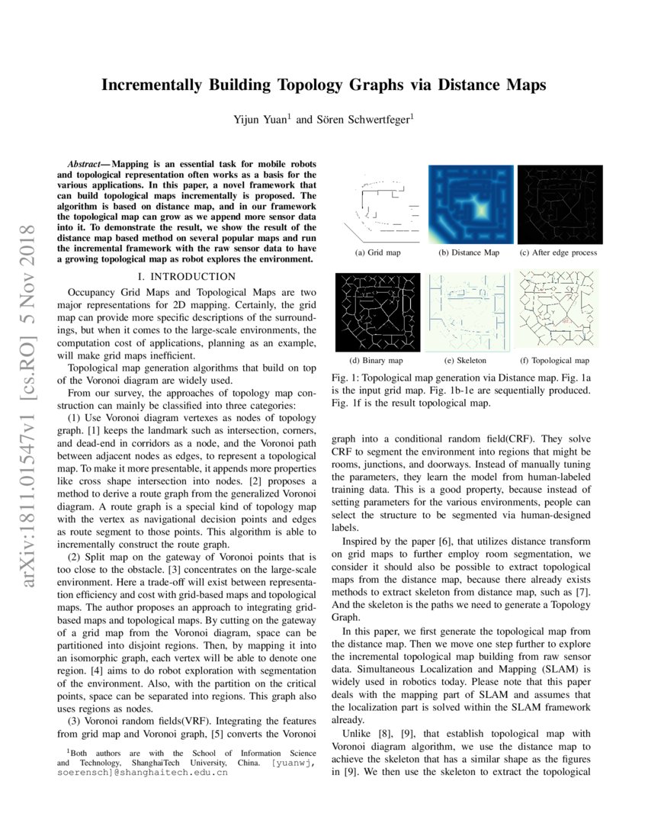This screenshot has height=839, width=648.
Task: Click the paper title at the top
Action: [x=324, y=85]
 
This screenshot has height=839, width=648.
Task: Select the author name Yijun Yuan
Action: [x=261, y=120]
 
